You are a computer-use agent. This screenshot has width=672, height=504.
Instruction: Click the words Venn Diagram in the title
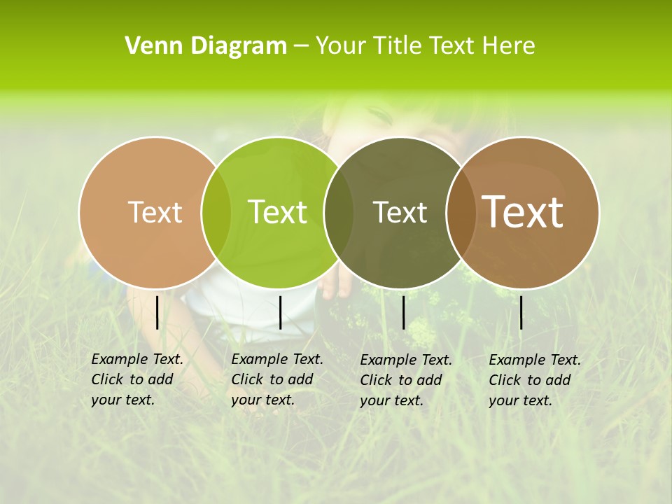206,46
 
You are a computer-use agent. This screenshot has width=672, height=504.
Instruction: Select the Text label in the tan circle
155,212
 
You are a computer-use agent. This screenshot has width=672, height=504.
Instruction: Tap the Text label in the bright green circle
277,212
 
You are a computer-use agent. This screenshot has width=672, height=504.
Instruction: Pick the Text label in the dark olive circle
400,212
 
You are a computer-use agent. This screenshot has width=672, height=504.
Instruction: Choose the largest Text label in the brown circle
523,212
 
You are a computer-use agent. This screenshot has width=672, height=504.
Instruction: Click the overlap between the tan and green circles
216,212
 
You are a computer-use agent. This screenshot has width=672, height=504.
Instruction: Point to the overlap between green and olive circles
339,212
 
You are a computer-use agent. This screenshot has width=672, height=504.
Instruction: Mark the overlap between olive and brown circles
461,212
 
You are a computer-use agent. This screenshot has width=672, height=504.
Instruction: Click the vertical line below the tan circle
157,312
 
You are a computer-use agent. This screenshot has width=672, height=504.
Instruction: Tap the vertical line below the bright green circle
280,312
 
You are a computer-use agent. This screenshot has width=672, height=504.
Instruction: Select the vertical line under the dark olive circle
403,312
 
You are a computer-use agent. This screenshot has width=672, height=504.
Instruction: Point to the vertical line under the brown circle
521,312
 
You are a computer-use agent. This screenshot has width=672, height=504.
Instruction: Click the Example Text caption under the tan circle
137,379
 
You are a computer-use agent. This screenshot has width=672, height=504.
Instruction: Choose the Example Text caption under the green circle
277,379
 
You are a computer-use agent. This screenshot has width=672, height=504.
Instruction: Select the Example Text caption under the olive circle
406,380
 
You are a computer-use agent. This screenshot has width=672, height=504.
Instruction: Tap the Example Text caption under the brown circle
535,380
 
